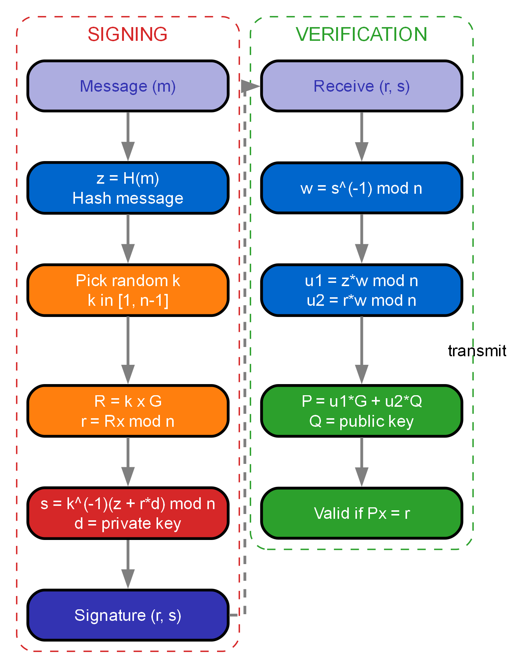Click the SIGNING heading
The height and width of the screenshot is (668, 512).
click(x=127, y=34)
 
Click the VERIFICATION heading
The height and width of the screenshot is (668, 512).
click(x=361, y=34)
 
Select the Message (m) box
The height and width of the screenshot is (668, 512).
click(x=128, y=86)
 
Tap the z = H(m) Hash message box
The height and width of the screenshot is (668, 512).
click(x=128, y=188)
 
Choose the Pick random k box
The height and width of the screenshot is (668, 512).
click(x=128, y=290)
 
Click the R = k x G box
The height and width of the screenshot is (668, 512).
click(x=128, y=411)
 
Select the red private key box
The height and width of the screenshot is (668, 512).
click(x=128, y=513)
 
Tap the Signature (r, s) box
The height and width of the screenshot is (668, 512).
click(x=128, y=615)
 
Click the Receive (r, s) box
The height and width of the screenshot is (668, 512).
click(x=361, y=86)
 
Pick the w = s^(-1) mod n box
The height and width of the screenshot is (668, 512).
click(x=361, y=188)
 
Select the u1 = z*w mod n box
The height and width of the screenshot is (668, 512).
click(x=361, y=290)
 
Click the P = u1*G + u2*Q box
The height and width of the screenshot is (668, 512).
click(x=361, y=411)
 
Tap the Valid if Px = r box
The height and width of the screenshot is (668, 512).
click(x=361, y=513)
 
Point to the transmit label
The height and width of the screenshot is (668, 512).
click(x=477, y=351)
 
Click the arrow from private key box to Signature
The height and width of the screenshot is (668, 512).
click(x=128, y=564)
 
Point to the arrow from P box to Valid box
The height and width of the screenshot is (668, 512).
click(x=361, y=462)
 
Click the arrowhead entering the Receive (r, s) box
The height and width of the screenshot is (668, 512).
click(x=251, y=86)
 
